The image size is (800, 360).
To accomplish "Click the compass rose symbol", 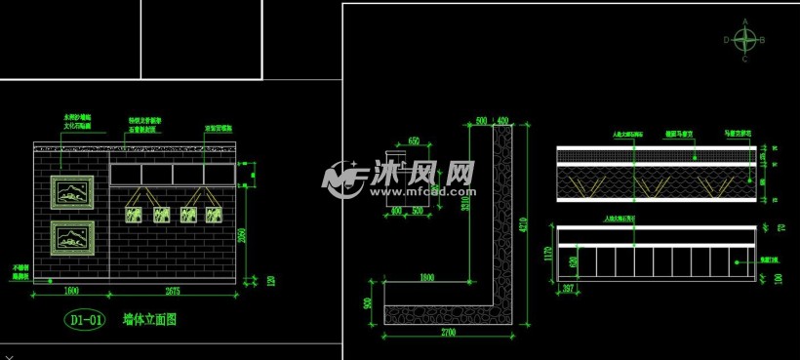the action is click(744, 40).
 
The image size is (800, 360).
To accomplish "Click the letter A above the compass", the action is click(745, 21).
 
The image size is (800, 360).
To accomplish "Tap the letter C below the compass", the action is click(744, 59).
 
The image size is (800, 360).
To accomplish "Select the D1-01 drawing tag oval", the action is click(84, 319).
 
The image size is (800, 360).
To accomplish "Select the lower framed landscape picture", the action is click(71, 237).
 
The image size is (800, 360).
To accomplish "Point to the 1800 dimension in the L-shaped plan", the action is click(426, 277).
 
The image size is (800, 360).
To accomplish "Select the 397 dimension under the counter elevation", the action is click(569, 289).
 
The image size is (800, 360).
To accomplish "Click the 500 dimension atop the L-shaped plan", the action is click(480, 121).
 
